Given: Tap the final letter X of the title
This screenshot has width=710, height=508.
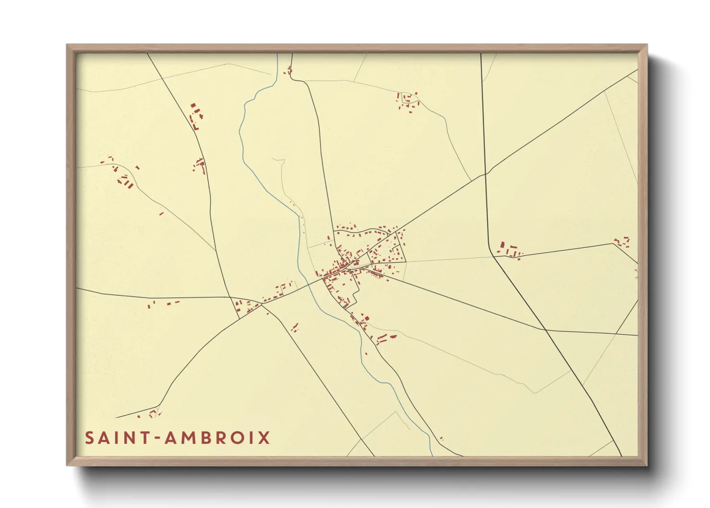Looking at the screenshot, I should coord(264,438).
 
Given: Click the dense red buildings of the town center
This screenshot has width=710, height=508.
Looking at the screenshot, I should coord(343,266).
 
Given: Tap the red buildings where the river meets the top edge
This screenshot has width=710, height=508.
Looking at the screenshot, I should coord(289,71).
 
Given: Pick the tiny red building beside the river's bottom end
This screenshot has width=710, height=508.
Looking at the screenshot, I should coord(441,438).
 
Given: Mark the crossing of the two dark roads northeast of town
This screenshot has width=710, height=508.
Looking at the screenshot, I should coord(485,173).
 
